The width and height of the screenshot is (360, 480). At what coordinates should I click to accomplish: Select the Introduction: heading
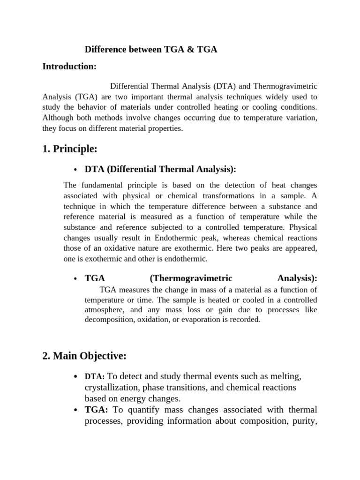click(x=69, y=67)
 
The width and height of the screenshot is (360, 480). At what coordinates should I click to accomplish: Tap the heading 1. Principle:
click(x=70, y=149)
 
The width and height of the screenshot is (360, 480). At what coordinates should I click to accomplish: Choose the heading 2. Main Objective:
click(x=84, y=356)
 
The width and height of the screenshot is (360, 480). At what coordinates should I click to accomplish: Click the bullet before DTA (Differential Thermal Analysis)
click(x=75, y=170)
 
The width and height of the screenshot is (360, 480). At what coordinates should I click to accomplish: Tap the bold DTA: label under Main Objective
click(x=96, y=377)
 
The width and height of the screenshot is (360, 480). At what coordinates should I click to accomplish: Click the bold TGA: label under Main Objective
click(x=97, y=410)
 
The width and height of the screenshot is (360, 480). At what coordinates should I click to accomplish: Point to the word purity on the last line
click(x=305, y=420)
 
